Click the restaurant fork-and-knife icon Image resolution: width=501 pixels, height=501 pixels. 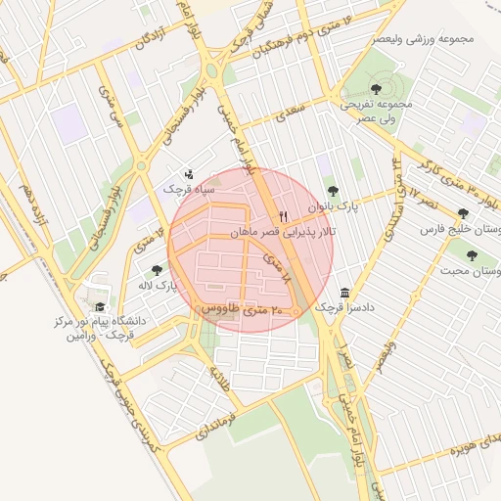(x=284, y=216)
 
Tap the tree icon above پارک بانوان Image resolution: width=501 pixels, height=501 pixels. (x=333, y=191)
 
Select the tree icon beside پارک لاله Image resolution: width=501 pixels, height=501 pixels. (x=157, y=270)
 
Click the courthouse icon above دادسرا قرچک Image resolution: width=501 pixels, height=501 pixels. (x=344, y=293)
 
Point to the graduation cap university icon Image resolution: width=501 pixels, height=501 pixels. (x=100, y=306)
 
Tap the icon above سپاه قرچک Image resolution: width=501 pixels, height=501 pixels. (x=189, y=173)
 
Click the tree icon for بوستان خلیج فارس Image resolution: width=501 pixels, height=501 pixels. (x=463, y=213)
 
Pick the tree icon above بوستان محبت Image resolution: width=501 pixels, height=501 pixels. (x=472, y=255)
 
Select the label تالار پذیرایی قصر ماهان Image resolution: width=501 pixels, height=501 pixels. (x=283, y=233)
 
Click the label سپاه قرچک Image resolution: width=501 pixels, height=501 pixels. (x=180, y=188)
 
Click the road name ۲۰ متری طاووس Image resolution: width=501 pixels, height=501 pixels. (x=241, y=309)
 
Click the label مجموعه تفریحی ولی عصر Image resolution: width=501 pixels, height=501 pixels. (x=377, y=110)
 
